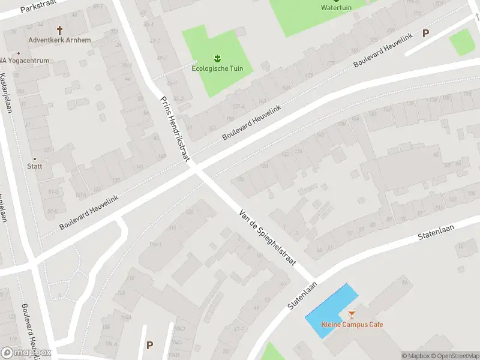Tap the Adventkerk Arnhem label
coord(59,40)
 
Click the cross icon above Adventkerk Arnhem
coord(59,29)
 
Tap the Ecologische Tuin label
coord(217,68)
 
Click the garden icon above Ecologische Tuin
coord(217,58)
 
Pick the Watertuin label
coord(336,8)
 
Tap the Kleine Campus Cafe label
coord(352,325)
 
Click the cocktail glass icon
coord(352,314)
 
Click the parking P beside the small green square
coord(426,34)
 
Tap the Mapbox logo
coord(26,353)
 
